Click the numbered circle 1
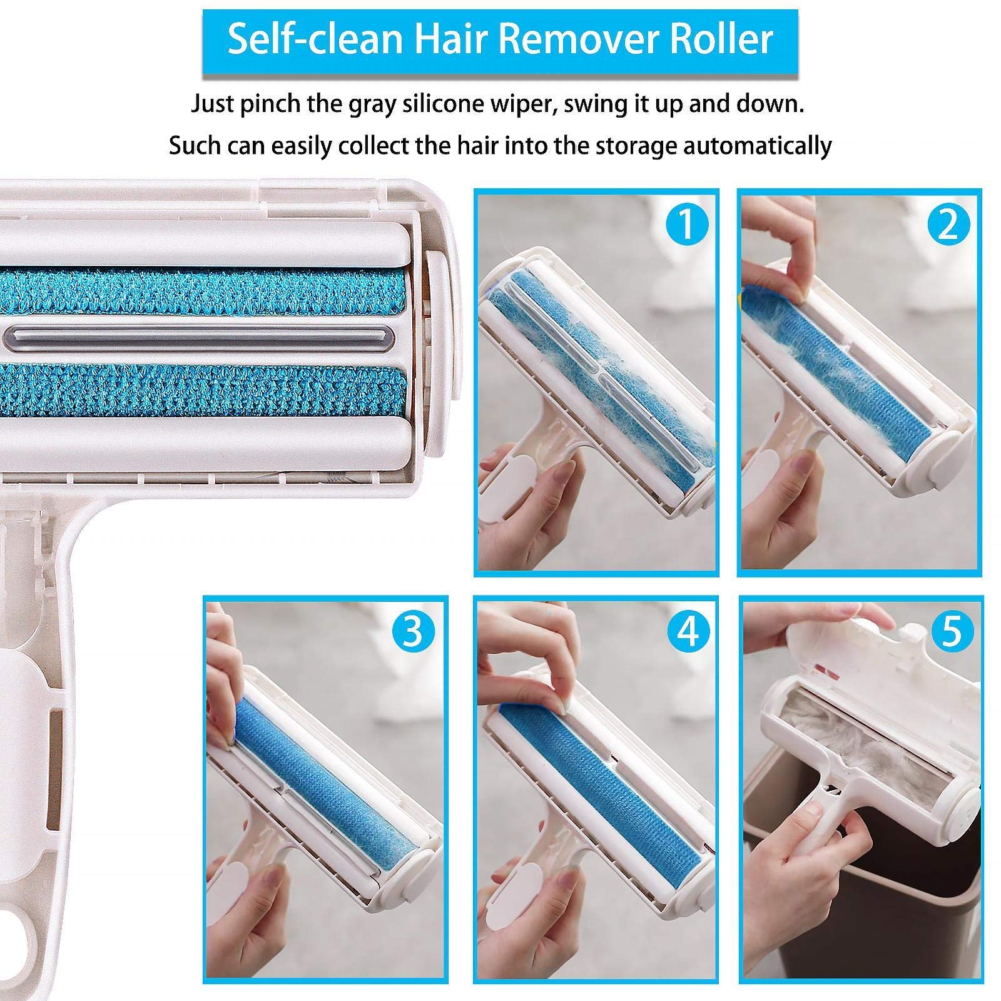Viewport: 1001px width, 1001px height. [686, 224]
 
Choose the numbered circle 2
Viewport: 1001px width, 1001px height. [948, 224]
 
